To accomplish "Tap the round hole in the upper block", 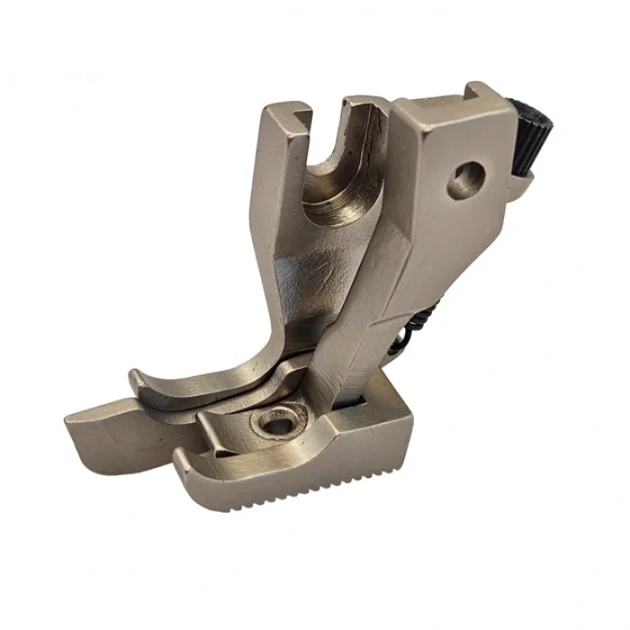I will click(464, 178).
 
